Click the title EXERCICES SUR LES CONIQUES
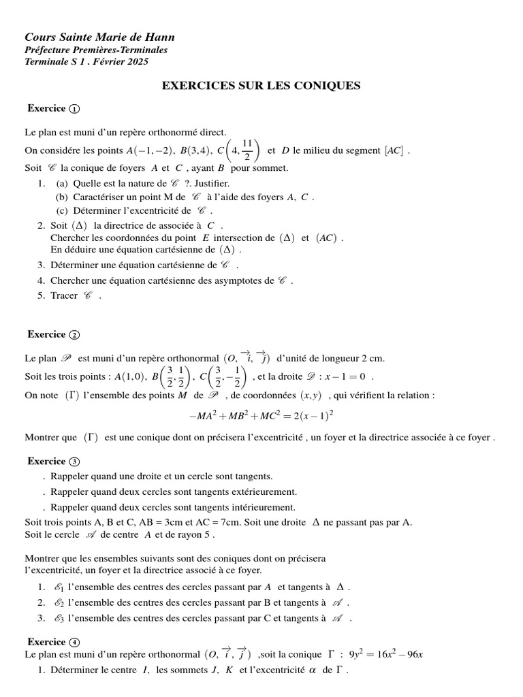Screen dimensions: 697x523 point(260,86)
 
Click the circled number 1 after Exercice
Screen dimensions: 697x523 point(74,109)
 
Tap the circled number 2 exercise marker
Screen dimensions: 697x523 point(74,334)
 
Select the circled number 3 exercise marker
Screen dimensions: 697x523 point(74,461)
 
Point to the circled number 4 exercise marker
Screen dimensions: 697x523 point(74,642)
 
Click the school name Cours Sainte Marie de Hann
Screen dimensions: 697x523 point(99,37)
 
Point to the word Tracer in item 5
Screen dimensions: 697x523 point(64,295)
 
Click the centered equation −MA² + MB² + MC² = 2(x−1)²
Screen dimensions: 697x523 point(261,415)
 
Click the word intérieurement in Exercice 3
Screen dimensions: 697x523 point(258,507)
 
